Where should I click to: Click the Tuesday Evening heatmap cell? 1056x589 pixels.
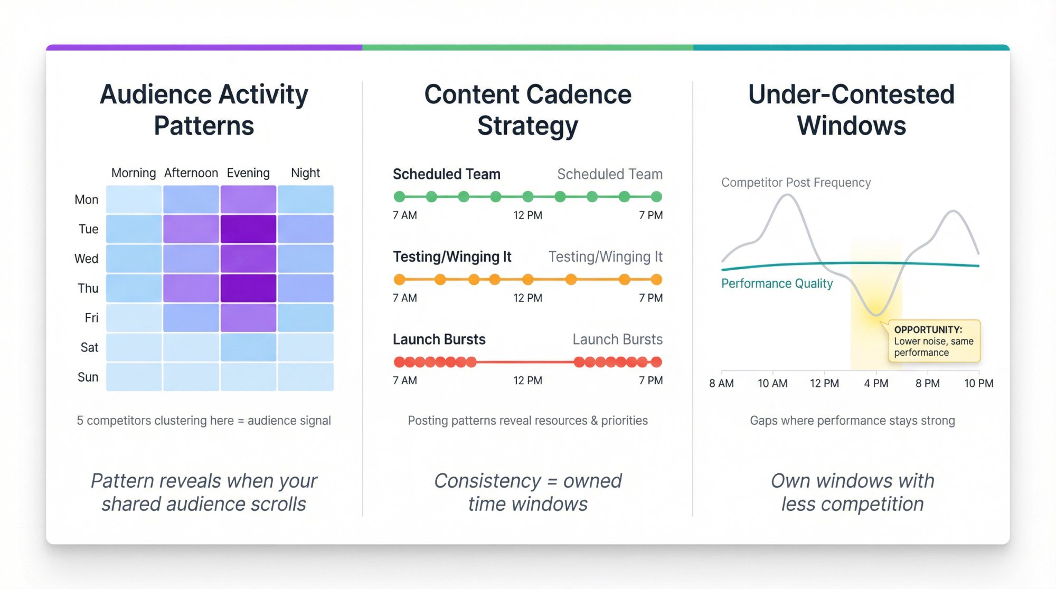click(x=248, y=229)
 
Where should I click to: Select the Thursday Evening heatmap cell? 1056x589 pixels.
click(x=248, y=288)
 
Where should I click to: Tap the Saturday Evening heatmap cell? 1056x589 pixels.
click(x=248, y=347)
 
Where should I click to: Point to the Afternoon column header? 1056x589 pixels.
click(x=191, y=173)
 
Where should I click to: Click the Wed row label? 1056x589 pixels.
click(x=86, y=259)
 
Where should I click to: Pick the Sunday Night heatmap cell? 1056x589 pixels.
click(x=305, y=377)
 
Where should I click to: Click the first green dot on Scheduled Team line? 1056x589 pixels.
click(x=400, y=197)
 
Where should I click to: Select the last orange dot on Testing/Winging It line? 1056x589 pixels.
click(x=656, y=280)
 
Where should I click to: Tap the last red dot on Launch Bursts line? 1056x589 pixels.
click(x=656, y=362)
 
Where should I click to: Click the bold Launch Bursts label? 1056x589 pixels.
click(x=439, y=339)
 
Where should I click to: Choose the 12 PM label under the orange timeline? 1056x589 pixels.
click(x=527, y=298)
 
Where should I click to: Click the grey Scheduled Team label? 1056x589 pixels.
click(x=609, y=174)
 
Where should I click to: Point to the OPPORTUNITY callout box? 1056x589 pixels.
click(x=934, y=341)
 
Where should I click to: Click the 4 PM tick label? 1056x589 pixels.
click(x=876, y=384)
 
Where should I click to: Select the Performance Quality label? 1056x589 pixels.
click(x=777, y=283)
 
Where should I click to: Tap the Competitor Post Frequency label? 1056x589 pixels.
click(x=796, y=183)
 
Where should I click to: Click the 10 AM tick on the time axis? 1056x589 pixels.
click(x=772, y=384)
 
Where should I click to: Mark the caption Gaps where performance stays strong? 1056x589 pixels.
click(x=852, y=421)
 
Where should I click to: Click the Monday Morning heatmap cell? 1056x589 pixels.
click(x=134, y=199)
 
